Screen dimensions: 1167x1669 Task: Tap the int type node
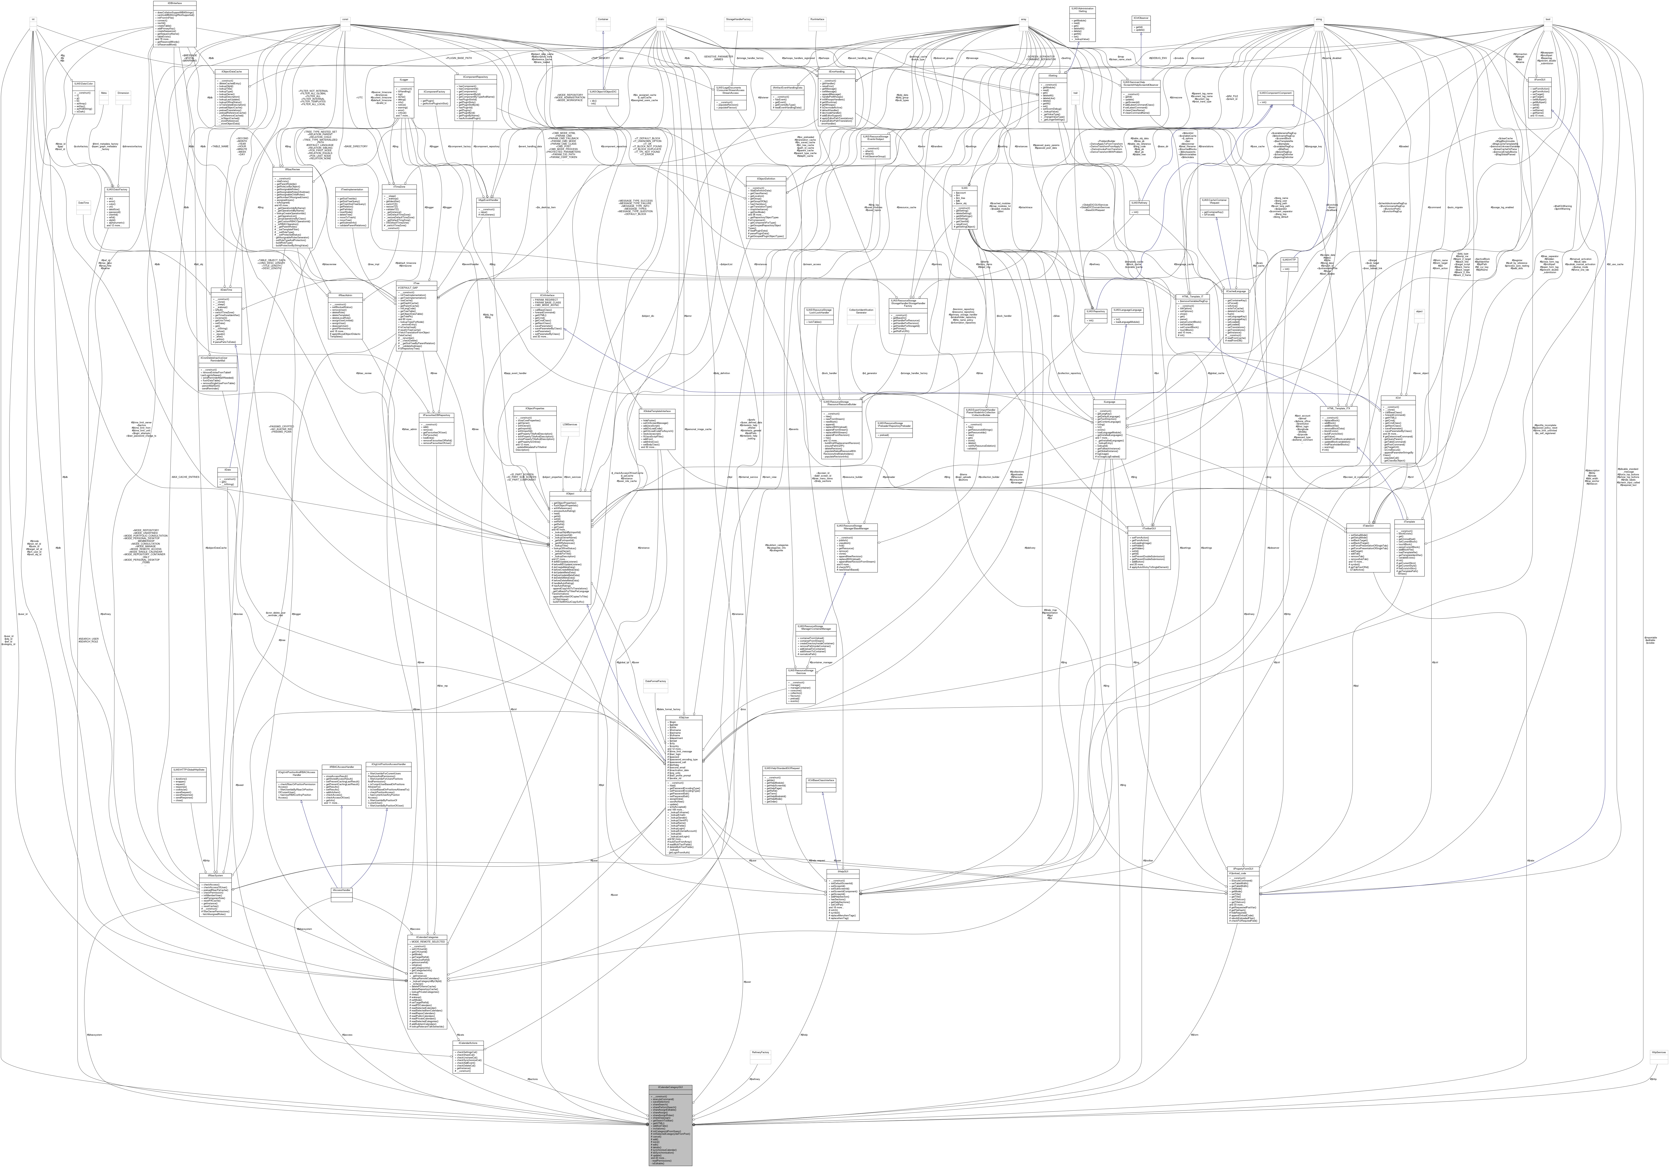coord(33,20)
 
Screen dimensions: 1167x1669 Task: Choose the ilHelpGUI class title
coord(843,870)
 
